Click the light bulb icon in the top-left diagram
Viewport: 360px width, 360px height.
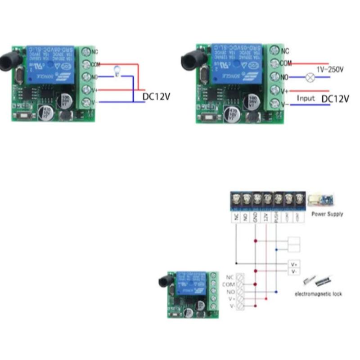coord(117,71)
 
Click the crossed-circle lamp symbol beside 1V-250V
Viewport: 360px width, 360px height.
coord(309,77)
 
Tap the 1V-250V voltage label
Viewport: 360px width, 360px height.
coord(330,70)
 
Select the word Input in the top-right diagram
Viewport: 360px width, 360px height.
coord(306,98)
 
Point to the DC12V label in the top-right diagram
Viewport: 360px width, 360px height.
coord(335,99)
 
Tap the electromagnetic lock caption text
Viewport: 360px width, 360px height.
coord(318,294)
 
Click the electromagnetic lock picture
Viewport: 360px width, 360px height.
coord(317,281)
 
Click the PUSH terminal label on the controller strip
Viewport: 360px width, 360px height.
coord(276,218)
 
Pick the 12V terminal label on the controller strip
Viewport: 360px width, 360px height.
coord(266,217)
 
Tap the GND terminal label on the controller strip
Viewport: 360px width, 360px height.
coord(256,218)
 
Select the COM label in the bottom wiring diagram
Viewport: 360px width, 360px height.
coord(229,284)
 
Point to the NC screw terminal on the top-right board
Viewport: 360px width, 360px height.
coord(274,51)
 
